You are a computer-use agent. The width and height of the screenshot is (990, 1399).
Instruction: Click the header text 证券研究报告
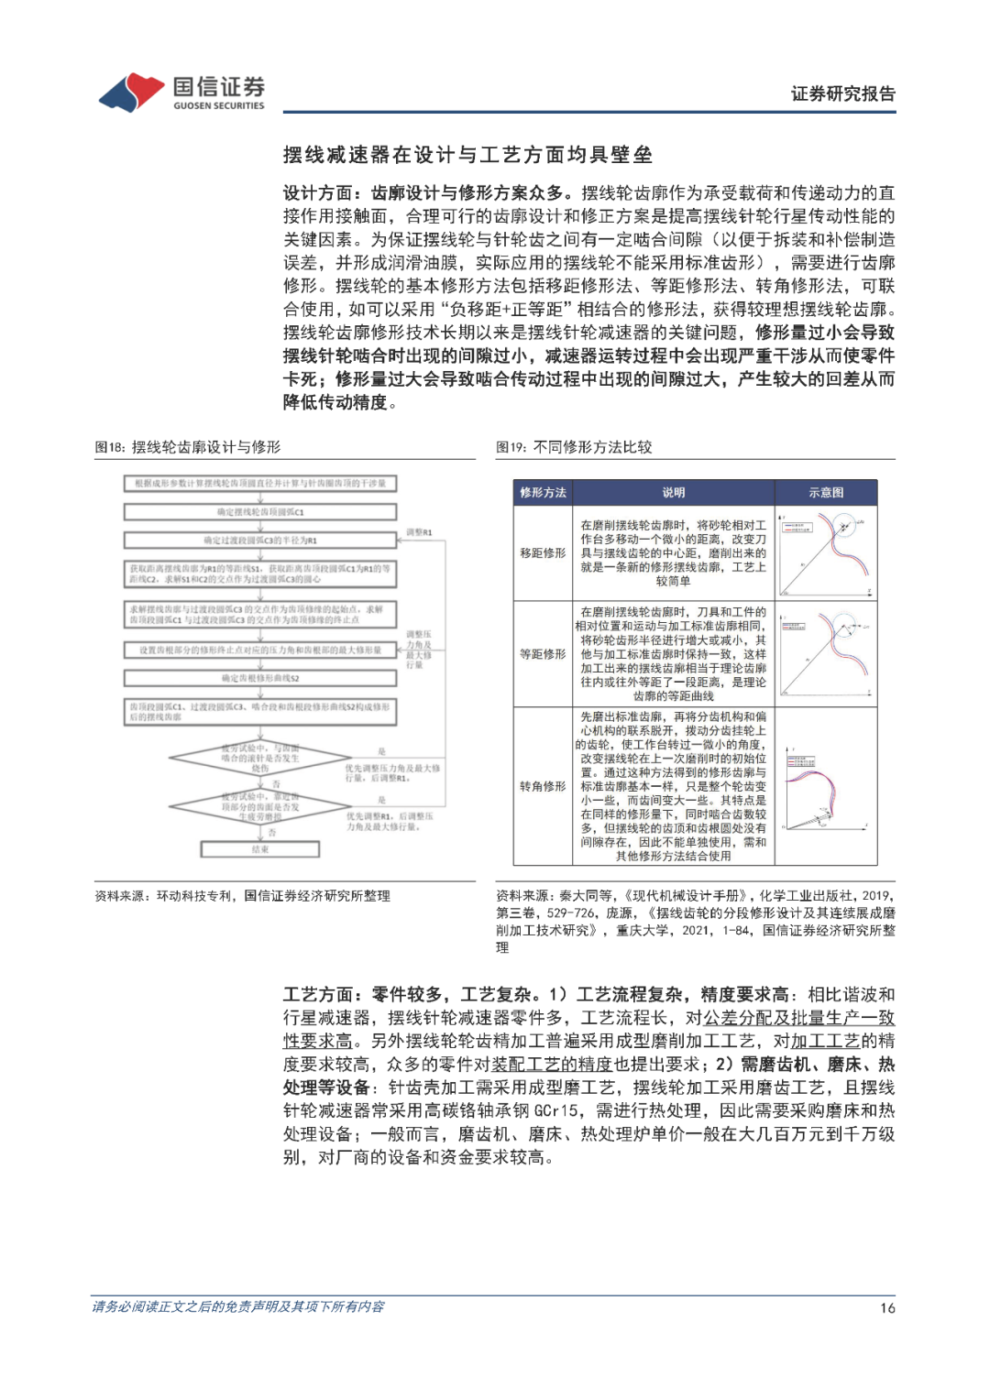842,93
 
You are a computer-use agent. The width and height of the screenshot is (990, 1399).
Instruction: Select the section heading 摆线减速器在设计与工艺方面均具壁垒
467,155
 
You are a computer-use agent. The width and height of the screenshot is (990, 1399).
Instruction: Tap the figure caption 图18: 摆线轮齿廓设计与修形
188,447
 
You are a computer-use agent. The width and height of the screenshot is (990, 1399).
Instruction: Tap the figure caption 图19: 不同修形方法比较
574,447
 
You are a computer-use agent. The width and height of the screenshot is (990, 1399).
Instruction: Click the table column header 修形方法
543,493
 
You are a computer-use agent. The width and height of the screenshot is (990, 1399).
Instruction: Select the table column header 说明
674,493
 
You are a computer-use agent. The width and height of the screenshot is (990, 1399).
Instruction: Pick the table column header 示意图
826,493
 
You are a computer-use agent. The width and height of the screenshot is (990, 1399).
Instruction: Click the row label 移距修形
543,553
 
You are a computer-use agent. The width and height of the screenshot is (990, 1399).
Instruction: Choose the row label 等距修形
543,654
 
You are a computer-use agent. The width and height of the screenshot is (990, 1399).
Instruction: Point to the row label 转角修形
543,786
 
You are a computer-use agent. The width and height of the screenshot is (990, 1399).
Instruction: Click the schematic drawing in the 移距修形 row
826,553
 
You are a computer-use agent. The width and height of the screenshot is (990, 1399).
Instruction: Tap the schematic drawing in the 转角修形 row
826,786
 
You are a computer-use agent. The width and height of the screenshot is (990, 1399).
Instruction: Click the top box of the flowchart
260,484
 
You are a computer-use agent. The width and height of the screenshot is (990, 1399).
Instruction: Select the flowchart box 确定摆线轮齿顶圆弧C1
260,512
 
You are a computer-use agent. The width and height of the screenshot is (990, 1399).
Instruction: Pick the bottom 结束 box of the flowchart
260,849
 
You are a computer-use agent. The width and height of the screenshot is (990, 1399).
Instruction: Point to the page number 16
887,1308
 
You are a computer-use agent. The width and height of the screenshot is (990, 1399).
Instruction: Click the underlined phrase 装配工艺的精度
552,1065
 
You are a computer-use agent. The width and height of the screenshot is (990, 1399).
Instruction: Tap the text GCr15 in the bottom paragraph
557,1111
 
